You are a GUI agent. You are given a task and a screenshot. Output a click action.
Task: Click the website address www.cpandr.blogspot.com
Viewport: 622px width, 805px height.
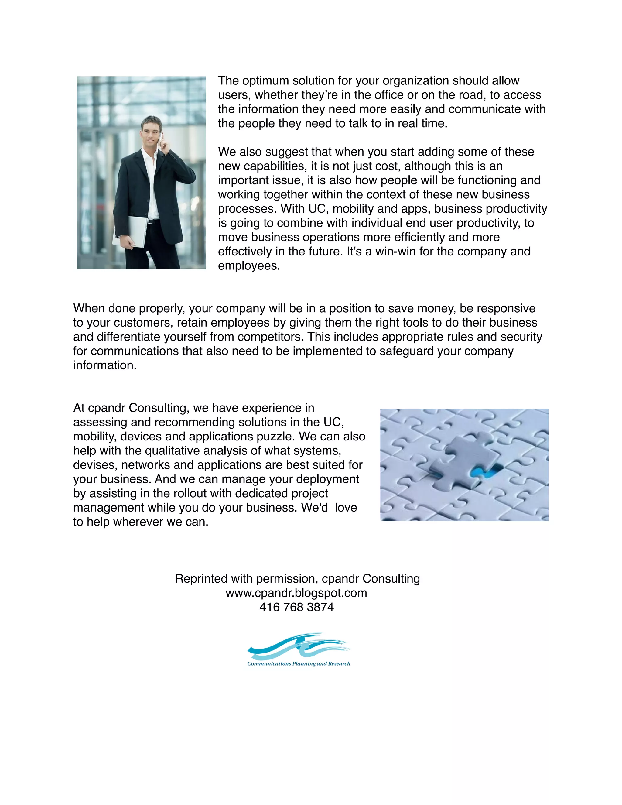(297, 593)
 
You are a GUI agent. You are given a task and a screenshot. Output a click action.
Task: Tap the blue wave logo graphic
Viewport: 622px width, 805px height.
(299, 647)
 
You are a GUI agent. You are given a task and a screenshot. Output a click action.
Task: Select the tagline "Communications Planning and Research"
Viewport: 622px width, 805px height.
(299, 664)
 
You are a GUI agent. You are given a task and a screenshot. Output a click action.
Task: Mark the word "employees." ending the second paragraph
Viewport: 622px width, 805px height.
(249, 266)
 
